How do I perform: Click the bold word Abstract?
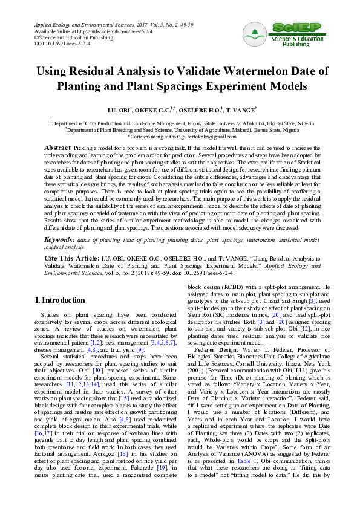pyautogui.click(x=59, y=148)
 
